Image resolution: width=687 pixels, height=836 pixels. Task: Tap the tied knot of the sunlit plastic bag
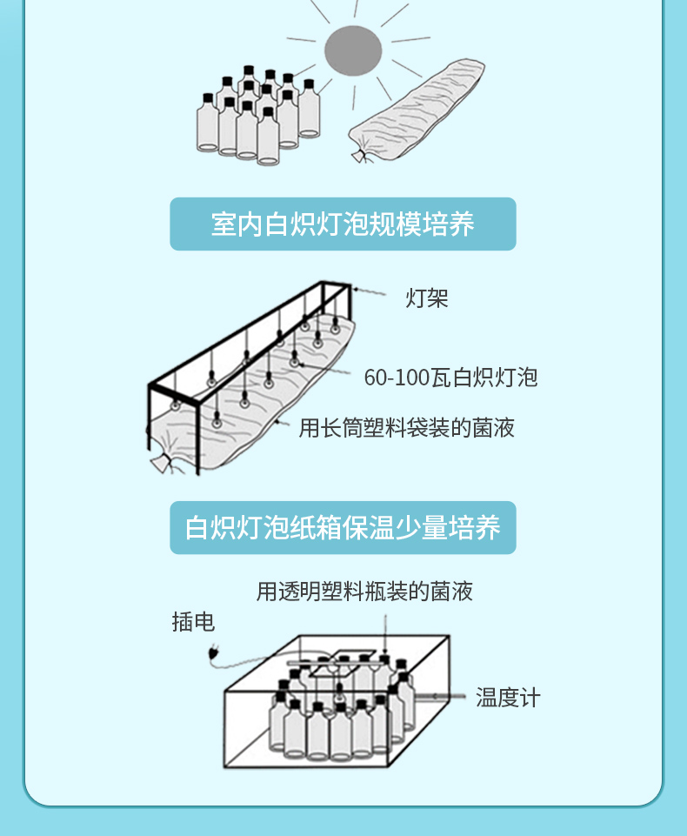(x=357, y=156)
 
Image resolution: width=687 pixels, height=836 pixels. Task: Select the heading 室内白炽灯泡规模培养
(x=343, y=224)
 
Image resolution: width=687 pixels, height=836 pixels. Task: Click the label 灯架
(x=427, y=298)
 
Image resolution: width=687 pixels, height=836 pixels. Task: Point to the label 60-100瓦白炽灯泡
(x=450, y=377)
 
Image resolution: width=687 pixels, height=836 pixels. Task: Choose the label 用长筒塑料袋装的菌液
(x=407, y=427)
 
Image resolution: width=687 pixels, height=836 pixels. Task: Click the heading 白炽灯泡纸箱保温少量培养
(x=343, y=528)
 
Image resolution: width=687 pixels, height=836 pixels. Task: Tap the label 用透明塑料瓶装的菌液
(x=364, y=592)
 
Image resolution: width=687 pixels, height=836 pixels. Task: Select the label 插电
(x=193, y=622)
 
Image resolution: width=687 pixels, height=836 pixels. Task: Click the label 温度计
(x=508, y=698)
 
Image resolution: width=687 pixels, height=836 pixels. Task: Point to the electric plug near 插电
(x=213, y=655)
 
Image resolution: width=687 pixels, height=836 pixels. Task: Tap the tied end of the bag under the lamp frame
(x=160, y=462)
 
